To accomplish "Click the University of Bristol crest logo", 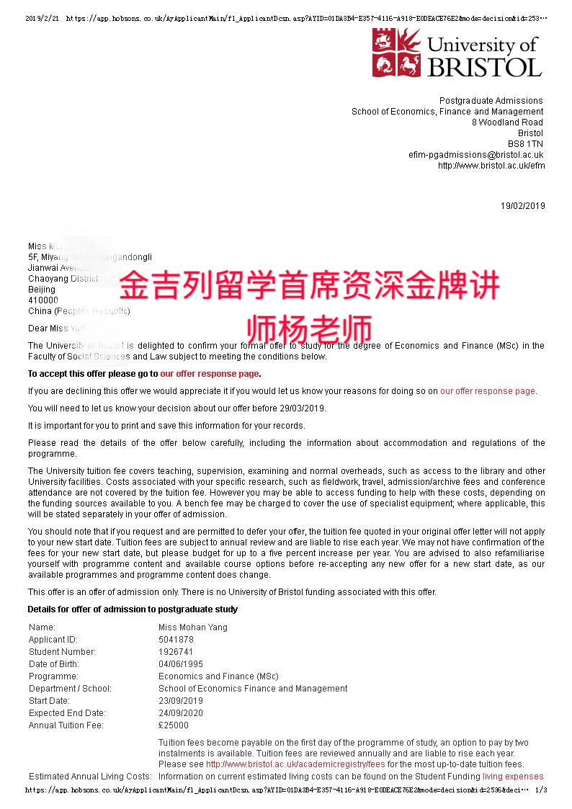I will click(x=396, y=53).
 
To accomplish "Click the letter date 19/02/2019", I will click(x=523, y=206).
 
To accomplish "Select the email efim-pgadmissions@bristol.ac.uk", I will click(x=475, y=155).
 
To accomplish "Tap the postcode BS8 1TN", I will click(x=529, y=144).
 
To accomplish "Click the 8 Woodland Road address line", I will click(x=507, y=122).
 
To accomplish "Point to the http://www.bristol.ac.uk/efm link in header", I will click(x=491, y=166).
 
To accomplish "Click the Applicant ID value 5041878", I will click(x=176, y=640).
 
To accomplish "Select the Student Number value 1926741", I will click(x=176, y=652).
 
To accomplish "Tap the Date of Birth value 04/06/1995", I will click(x=180, y=664).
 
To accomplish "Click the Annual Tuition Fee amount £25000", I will click(x=174, y=725).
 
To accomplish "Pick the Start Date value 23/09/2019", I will click(x=180, y=701).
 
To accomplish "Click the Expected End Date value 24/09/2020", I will click(x=180, y=713).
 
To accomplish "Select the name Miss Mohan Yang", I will click(x=192, y=627).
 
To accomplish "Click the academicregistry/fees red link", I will click(x=295, y=764).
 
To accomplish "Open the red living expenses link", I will click(x=513, y=777).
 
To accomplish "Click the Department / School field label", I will click(x=70, y=689).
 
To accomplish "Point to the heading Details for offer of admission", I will click(x=133, y=609).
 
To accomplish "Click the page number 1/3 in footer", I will click(x=541, y=790).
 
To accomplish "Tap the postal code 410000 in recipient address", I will click(x=43, y=300).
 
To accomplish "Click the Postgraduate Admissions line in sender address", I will click(x=491, y=101).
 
